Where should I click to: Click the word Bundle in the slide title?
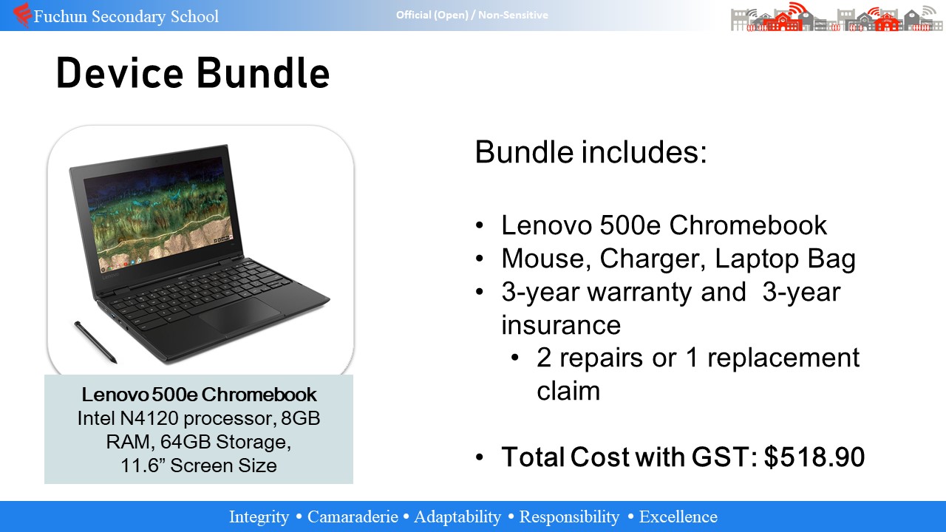click(x=262, y=73)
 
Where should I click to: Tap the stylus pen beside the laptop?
click(x=95, y=342)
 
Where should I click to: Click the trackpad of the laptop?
click(x=239, y=315)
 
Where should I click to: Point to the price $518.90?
click(x=814, y=457)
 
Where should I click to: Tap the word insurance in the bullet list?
click(x=561, y=325)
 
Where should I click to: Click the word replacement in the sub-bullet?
click(x=783, y=359)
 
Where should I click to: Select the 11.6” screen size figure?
click(x=143, y=465)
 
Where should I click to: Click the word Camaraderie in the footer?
click(x=353, y=516)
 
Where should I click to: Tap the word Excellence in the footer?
click(x=678, y=516)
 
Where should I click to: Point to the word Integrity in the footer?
click(x=259, y=517)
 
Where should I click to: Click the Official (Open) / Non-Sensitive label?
click(x=472, y=16)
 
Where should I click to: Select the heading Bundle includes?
click(x=591, y=152)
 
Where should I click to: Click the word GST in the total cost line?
click(x=724, y=457)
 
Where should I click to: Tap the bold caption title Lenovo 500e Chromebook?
click(x=199, y=395)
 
